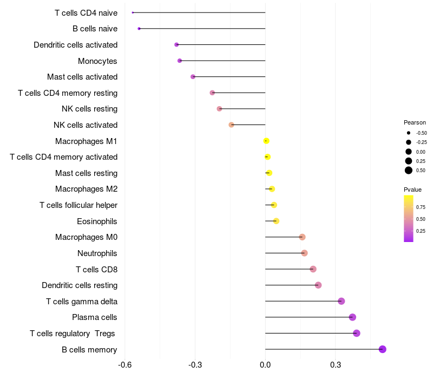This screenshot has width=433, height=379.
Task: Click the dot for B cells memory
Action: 383,349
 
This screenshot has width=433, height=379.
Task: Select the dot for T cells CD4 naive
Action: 133,12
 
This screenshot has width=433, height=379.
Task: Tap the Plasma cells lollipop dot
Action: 352,317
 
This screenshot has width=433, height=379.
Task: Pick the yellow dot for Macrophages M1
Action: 266,141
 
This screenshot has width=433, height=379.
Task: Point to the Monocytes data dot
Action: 180,61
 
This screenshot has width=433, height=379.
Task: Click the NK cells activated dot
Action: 231,125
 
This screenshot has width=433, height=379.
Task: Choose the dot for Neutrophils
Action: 304,253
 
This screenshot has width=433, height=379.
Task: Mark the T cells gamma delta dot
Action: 341,301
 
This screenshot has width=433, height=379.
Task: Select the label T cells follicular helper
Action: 78,205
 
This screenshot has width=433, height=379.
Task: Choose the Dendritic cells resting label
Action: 80,285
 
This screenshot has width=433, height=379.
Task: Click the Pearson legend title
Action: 415,122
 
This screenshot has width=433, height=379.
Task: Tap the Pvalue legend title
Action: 412,190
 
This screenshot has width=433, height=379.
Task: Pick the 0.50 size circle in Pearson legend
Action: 409,171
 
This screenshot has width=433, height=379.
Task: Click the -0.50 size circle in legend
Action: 409,133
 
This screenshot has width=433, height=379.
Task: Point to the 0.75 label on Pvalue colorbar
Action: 421,207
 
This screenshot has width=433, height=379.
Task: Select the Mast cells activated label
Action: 82,77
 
